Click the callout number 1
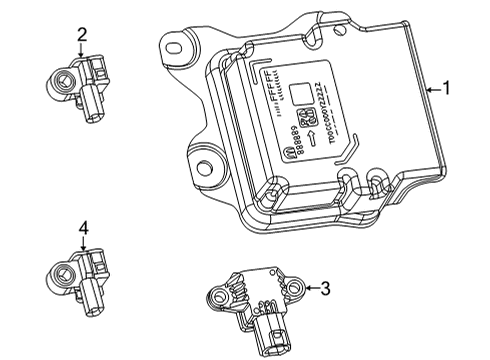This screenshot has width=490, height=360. point(446,89)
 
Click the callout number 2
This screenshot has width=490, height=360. point(81,35)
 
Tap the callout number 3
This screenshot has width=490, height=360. point(325,289)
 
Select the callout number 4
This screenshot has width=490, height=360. point(84,228)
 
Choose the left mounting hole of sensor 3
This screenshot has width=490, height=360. point(215,294)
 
